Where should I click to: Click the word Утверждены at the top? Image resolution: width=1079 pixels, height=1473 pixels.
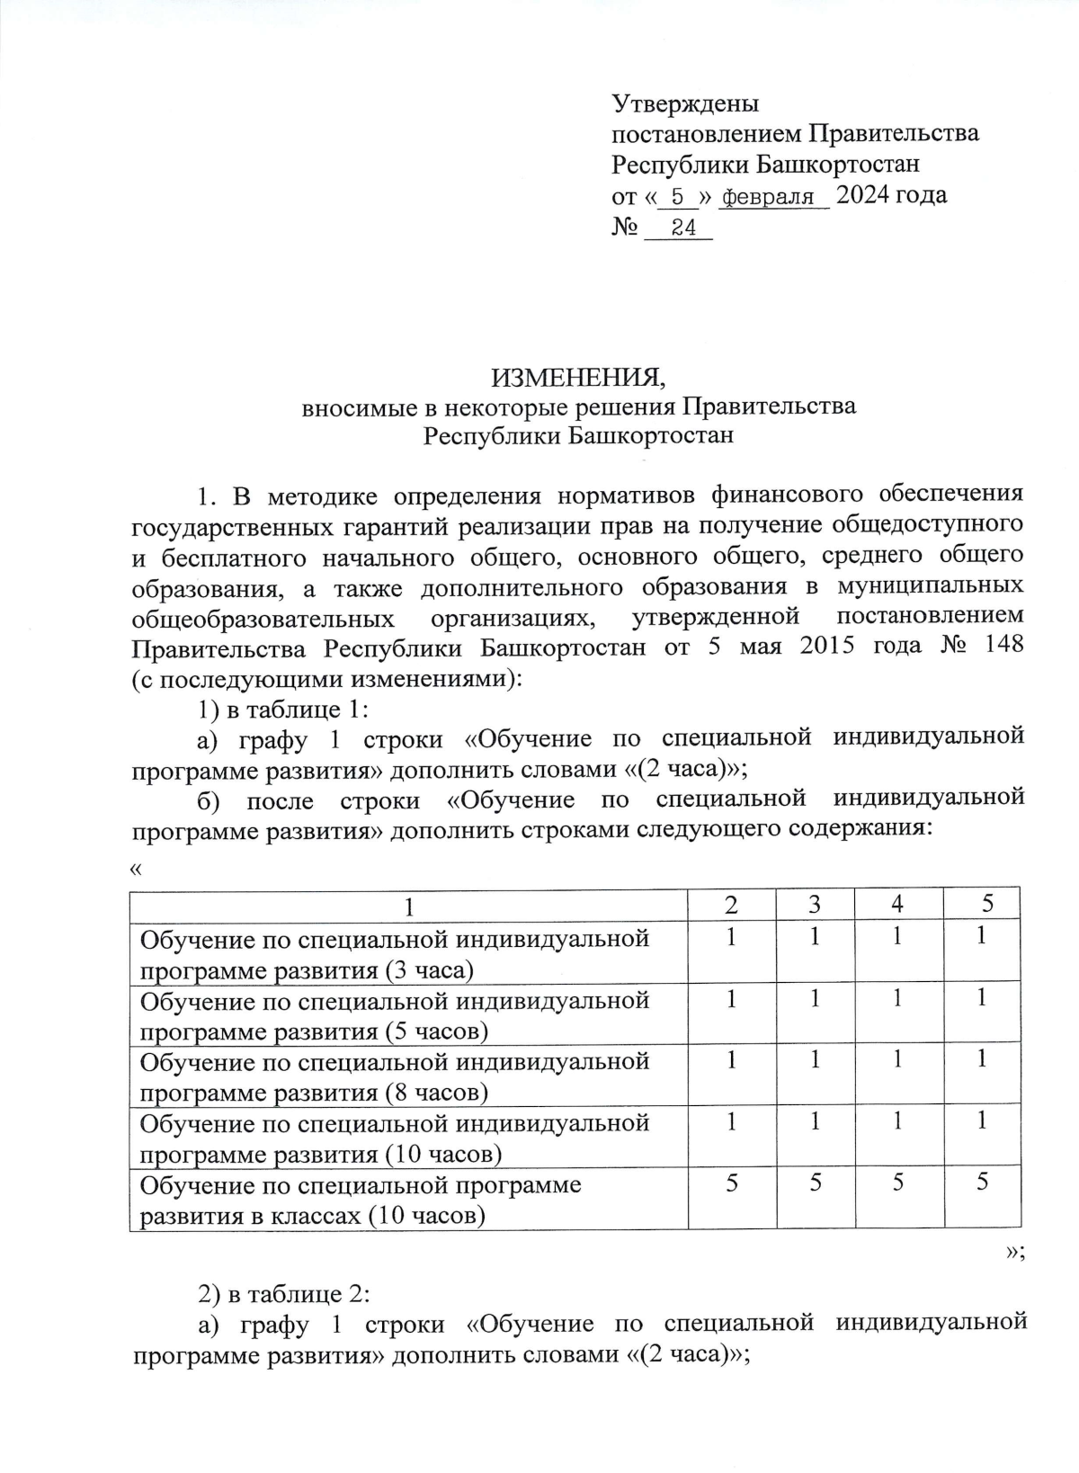(x=685, y=103)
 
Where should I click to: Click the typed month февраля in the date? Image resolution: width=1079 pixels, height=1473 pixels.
(x=769, y=197)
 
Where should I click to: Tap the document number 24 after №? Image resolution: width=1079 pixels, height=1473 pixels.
(x=683, y=228)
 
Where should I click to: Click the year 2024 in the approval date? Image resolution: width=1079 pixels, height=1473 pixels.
(x=865, y=194)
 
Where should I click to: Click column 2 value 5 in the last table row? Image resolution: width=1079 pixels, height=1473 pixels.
(x=732, y=1183)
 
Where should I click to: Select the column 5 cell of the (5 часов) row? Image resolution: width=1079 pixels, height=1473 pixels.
(x=982, y=997)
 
